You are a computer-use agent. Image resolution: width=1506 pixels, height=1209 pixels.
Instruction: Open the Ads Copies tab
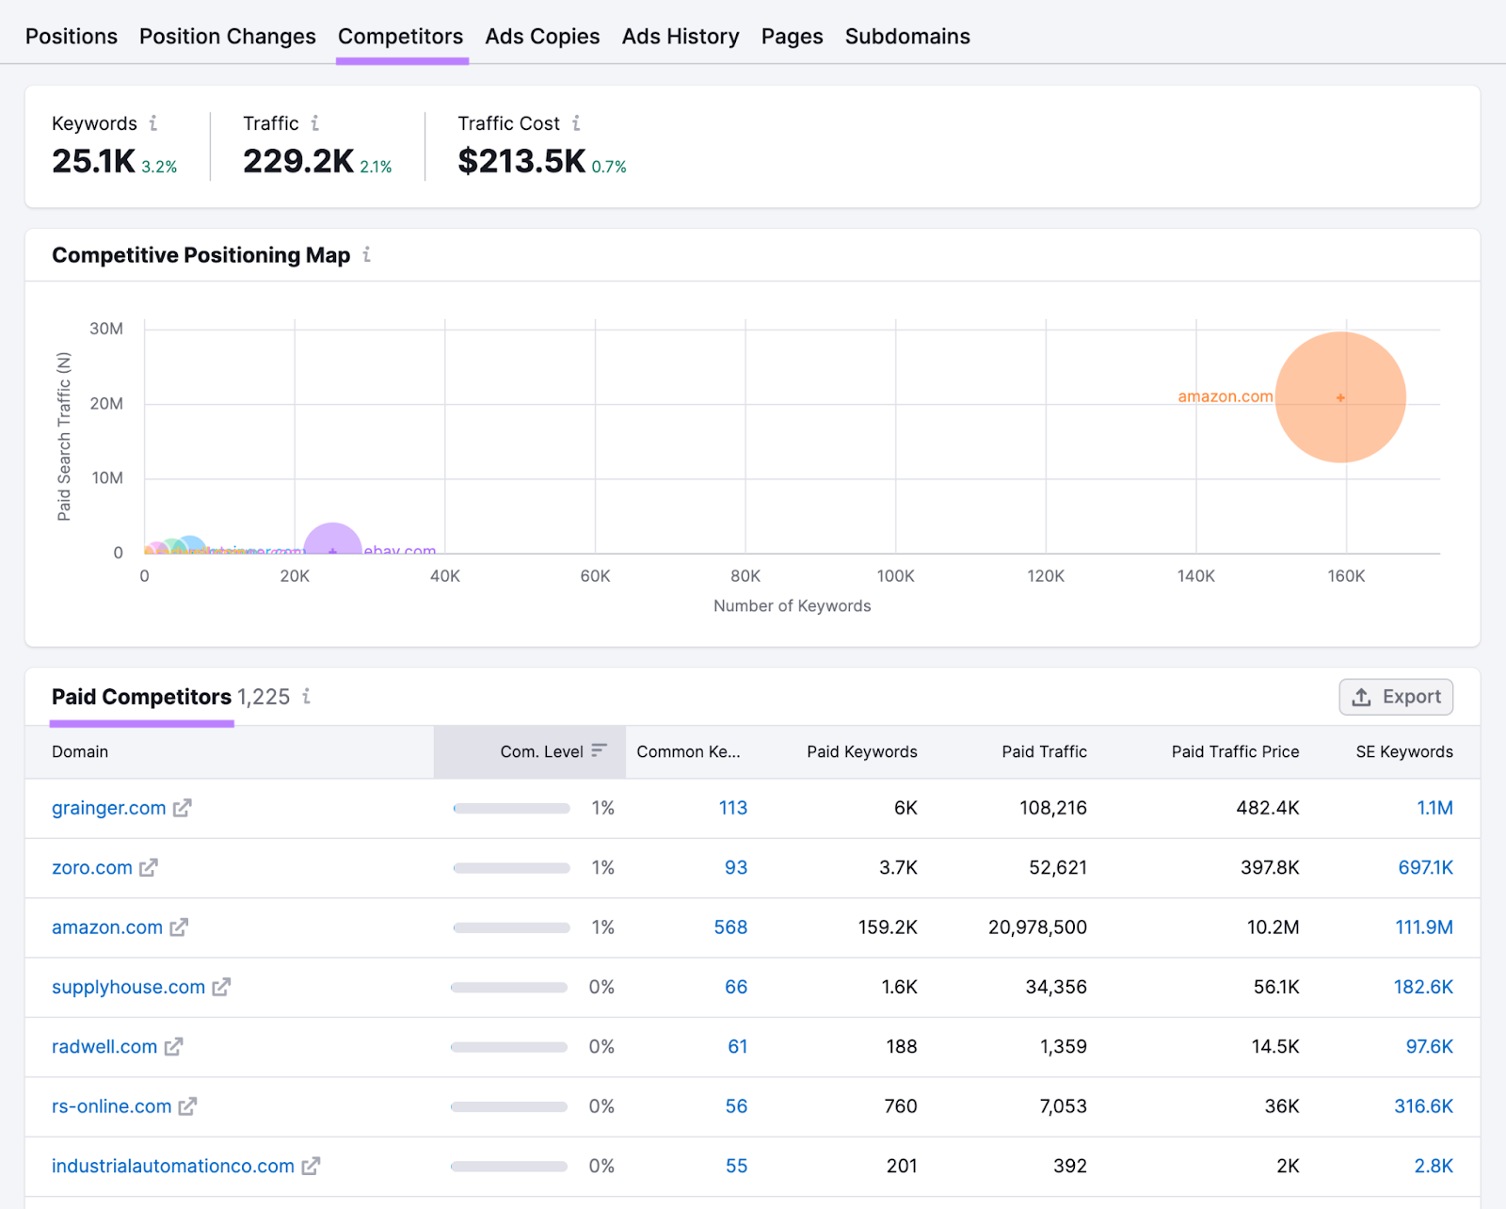542,37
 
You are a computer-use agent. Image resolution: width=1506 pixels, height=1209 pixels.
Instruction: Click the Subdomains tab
906,37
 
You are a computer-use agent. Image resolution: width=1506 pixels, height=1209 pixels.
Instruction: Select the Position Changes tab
227,37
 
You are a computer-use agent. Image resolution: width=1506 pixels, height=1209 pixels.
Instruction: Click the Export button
1395,697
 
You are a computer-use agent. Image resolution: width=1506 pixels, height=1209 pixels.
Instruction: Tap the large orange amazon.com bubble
1339,397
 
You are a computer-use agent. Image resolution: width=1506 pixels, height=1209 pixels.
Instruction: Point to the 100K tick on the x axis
895,576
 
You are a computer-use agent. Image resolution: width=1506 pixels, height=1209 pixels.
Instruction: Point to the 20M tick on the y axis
106,404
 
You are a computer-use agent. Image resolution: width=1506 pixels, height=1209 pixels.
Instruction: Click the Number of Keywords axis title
792,606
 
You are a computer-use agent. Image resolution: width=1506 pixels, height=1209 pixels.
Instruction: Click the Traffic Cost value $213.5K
521,162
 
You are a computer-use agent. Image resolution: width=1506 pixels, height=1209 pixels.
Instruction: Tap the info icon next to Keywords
153,123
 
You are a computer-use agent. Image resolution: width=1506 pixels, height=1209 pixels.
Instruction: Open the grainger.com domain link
108,808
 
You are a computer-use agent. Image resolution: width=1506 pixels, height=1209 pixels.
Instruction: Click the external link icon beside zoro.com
149,867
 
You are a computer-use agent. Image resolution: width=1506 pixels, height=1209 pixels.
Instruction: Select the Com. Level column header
542,751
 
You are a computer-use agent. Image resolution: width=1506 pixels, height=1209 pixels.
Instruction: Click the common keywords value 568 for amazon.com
730,927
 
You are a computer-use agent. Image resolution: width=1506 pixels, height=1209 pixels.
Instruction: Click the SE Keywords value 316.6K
1422,1106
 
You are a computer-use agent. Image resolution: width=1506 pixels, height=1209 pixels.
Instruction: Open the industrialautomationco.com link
172,1166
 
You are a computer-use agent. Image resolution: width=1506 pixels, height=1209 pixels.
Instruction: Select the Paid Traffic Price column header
1234,751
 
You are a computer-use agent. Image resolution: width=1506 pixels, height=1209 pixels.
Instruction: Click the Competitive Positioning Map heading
200,255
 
